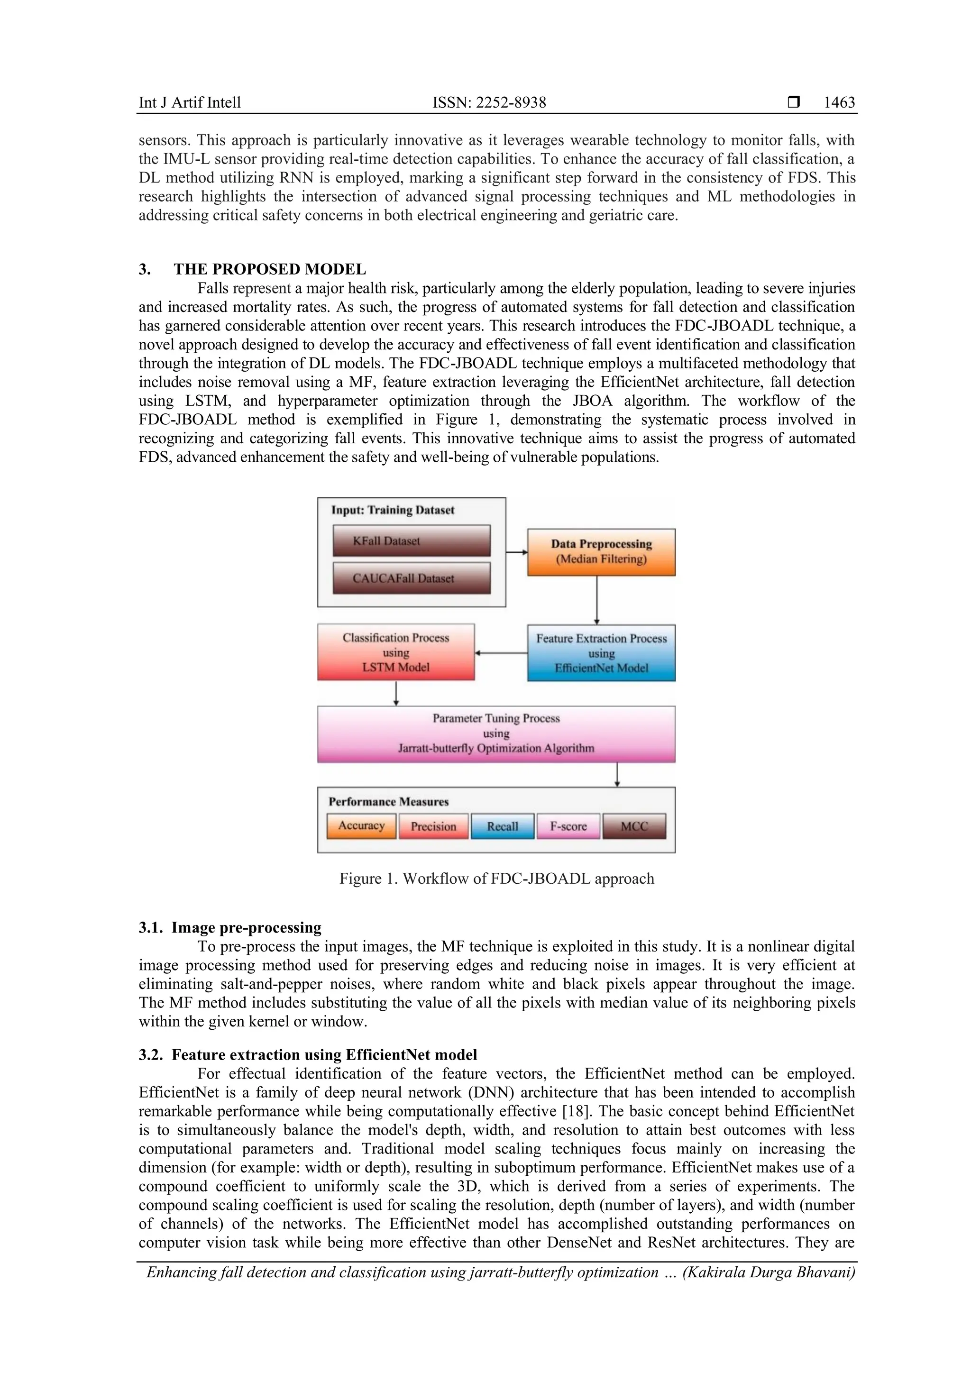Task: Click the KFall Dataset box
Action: click(412, 540)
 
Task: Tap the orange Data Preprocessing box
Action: click(601, 552)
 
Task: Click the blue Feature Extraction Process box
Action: click(601, 653)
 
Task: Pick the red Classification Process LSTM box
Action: click(396, 652)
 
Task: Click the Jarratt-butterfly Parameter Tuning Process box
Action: click(496, 734)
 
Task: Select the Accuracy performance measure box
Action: click(361, 826)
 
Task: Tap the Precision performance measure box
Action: click(433, 826)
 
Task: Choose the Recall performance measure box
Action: click(502, 826)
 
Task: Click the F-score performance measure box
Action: click(568, 826)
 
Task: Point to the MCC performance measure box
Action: click(634, 826)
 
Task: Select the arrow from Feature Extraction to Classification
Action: click(501, 653)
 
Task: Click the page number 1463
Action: click(839, 102)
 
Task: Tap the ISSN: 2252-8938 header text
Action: click(489, 102)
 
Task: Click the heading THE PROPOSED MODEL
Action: click(270, 269)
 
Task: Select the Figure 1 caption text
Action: click(497, 879)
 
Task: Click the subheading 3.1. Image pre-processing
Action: click(230, 927)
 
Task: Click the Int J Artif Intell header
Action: click(190, 102)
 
